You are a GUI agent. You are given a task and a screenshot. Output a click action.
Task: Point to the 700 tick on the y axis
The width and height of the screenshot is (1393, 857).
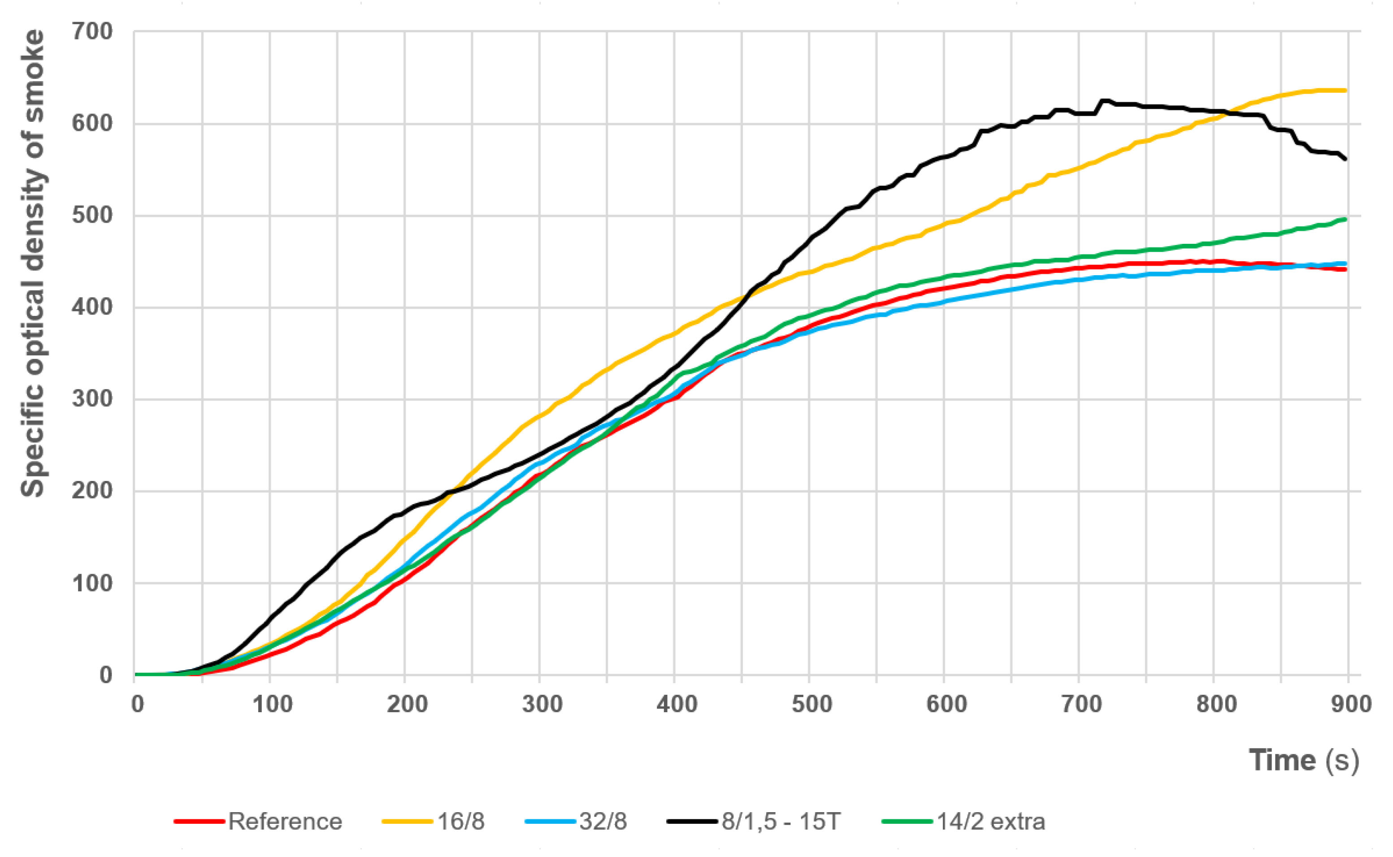point(92,32)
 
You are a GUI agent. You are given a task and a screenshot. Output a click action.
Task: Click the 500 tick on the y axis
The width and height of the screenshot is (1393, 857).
point(92,216)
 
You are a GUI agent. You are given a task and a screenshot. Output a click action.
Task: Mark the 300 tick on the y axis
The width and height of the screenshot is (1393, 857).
point(92,399)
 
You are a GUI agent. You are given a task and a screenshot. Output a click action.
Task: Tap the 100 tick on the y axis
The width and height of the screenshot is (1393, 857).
point(92,583)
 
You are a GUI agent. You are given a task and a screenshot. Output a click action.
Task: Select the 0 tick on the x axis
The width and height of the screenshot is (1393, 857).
point(137,705)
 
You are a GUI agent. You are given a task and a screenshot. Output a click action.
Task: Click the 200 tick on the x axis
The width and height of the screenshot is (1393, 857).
point(407,705)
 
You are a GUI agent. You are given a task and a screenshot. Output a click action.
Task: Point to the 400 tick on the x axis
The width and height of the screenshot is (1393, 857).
point(677,705)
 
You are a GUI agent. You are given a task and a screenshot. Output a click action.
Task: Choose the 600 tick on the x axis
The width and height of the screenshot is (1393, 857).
point(946,705)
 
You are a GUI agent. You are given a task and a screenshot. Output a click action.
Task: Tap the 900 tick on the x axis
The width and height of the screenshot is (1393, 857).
point(1350,705)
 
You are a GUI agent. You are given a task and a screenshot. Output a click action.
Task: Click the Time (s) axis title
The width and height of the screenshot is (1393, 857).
point(1303,760)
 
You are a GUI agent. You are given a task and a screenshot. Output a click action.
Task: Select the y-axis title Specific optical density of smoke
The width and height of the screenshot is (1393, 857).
point(33,264)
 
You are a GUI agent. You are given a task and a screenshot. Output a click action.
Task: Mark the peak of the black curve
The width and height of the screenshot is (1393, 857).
point(1104,101)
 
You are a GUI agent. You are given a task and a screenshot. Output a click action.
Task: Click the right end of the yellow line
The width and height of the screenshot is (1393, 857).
point(1346,91)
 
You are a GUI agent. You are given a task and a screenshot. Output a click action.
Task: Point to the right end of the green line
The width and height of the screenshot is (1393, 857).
point(1346,219)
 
